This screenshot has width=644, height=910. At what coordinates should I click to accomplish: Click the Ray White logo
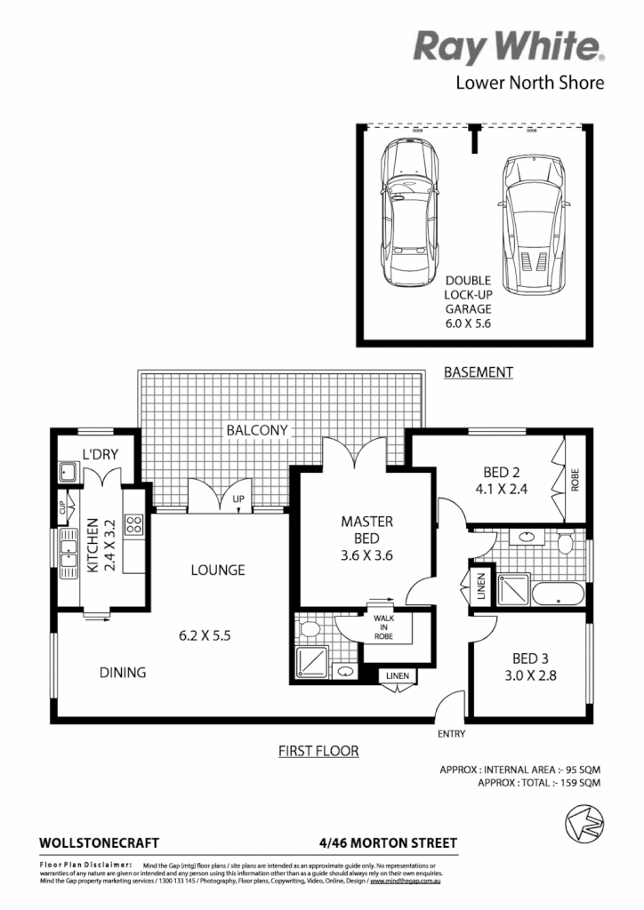510,46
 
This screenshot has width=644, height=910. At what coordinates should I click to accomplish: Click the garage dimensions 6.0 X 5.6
469,324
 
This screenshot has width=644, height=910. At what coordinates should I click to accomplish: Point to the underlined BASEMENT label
479,372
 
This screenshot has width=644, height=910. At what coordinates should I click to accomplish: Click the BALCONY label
257,430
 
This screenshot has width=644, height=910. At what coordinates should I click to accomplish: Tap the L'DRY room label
101,454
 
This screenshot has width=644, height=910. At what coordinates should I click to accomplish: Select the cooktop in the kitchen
134,524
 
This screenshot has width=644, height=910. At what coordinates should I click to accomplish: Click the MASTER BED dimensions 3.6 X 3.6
366,555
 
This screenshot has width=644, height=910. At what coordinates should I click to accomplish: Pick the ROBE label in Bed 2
576,480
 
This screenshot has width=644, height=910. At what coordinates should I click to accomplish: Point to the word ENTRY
451,734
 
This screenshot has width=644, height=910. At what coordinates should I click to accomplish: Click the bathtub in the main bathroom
558,593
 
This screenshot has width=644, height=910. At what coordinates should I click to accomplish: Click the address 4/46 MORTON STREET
387,842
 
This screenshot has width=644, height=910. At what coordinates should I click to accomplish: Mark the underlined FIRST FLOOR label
318,751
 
